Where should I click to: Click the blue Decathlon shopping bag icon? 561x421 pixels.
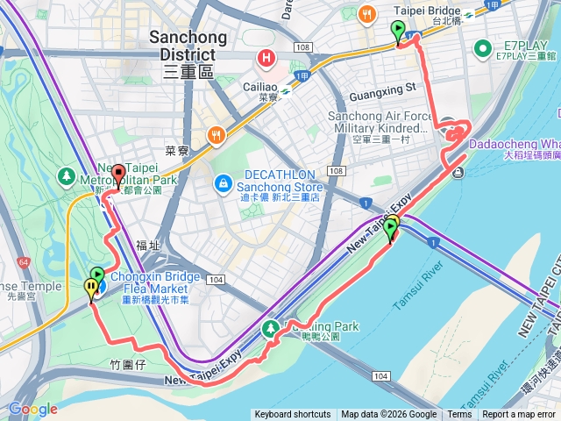tap(224, 183)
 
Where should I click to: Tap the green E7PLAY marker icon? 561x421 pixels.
tap(481, 47)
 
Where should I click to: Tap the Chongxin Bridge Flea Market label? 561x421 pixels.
tap(149, 282)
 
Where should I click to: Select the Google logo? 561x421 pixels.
tap(32, 409)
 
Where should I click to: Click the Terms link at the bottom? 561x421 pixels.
tap(459, 415)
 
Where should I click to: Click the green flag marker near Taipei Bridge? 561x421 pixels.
tap(399, 32)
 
